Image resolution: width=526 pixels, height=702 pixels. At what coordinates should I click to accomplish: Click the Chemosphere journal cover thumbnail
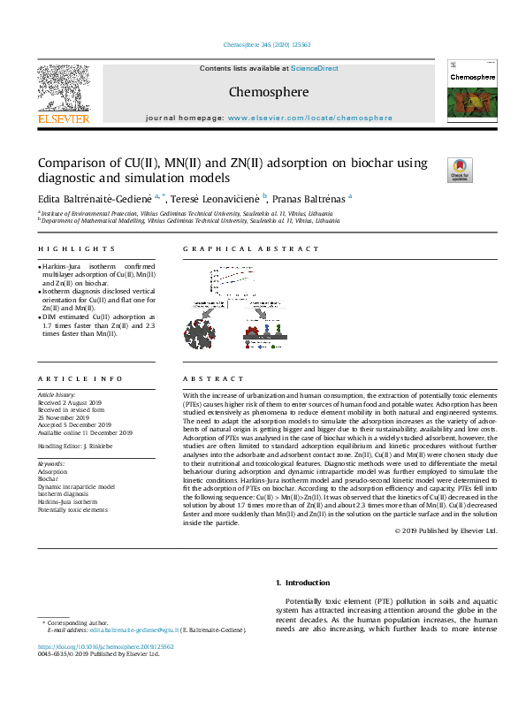(470, 93)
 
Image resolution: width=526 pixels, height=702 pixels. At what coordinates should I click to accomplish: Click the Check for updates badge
(460, 169)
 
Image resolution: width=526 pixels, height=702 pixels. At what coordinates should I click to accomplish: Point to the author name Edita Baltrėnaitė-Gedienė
(95, 198)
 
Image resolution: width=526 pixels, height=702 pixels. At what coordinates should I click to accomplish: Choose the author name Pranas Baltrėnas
(310, 198)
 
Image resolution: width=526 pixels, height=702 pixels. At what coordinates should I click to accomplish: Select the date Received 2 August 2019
(71, 402)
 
